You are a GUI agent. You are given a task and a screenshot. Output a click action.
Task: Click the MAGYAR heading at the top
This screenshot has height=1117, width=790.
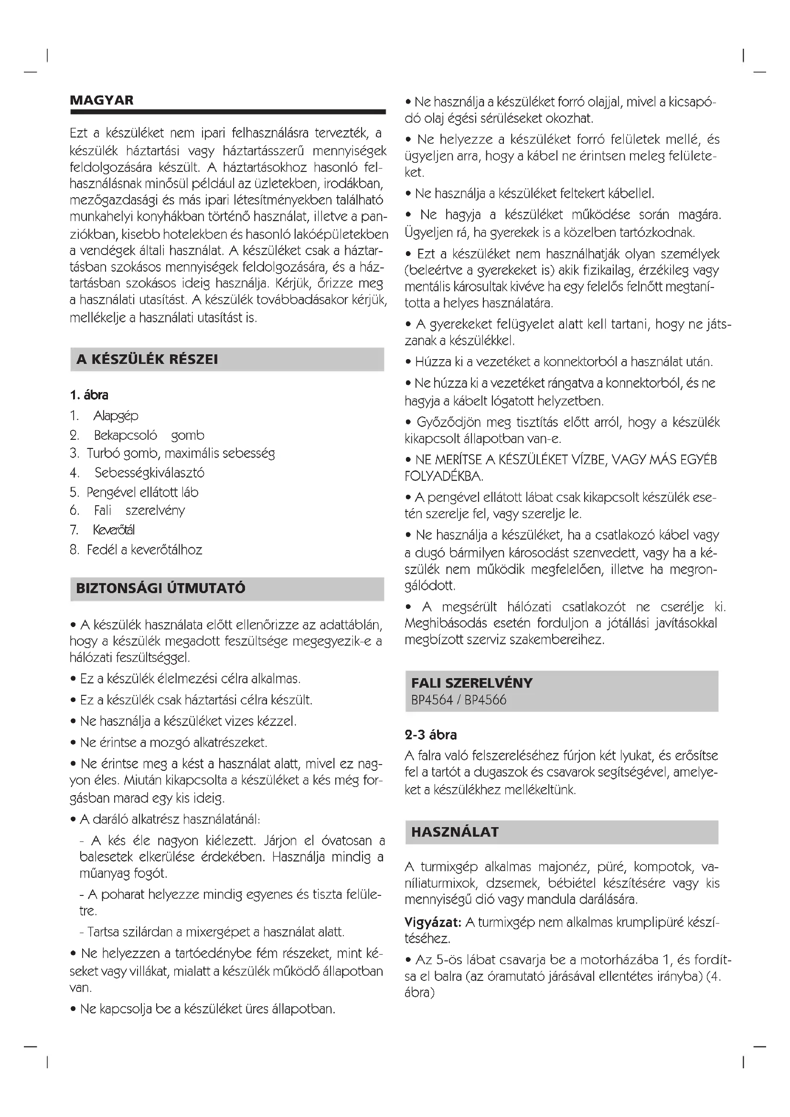tap(102, 100)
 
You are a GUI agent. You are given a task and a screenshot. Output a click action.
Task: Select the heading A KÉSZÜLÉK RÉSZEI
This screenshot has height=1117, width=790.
tap(147, 360)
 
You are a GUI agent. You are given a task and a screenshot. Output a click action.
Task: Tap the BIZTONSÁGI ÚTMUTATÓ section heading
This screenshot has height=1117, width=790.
tap(160, 588)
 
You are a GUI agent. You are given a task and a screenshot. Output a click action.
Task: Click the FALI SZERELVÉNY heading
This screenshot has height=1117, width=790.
tap(471, 683)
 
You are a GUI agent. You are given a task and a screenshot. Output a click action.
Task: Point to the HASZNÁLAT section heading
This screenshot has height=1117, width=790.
tap(455, 832)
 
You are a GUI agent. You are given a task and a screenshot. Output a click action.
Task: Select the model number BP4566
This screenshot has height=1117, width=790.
tap(485, 700)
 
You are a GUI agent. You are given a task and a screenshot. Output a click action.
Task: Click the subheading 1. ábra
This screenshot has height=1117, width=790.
tap(89, 395)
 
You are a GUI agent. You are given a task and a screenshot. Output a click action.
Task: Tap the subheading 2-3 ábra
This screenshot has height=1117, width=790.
tap(430, 734)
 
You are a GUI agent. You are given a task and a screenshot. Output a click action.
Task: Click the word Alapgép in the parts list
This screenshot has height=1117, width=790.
tap(116, 416)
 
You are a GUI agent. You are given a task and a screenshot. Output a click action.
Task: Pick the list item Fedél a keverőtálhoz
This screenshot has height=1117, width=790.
tap(144, 550)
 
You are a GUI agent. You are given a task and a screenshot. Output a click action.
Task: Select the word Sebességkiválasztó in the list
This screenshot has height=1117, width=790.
tap(149, 473)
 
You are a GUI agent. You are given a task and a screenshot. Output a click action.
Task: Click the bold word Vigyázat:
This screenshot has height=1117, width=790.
tap(432, 922)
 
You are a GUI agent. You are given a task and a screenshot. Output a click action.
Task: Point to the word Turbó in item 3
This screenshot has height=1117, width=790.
tap(103, 453)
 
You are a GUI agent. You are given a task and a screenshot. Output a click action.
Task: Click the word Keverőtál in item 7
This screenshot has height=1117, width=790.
tap(114, 530)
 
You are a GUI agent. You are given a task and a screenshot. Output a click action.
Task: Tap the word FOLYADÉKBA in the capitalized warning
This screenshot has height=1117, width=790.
tap(443, 476)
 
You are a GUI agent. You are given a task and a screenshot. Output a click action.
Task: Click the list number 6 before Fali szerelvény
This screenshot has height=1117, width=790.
tap(74, 511)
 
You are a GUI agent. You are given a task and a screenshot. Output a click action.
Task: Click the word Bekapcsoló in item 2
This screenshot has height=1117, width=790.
tap(126, 436)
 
